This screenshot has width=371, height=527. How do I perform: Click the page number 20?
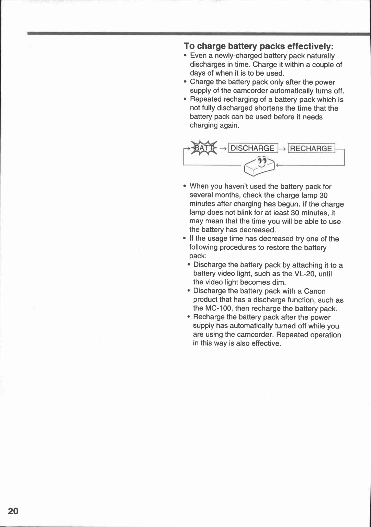point(13,511)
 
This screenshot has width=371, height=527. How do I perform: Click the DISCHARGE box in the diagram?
point(253,148)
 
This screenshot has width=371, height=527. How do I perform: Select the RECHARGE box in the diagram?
point(311,148)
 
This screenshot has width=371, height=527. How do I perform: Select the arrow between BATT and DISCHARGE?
point(223,149)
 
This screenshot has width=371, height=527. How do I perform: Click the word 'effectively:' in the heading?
point(311,46)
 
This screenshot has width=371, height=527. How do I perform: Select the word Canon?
point(315,291)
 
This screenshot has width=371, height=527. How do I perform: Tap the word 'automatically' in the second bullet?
point(292,91)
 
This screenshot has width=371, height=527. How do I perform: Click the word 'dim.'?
point(279,282)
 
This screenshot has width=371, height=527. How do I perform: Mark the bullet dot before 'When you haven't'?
point(185,187)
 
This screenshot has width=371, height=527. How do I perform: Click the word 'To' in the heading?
point(189,46)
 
